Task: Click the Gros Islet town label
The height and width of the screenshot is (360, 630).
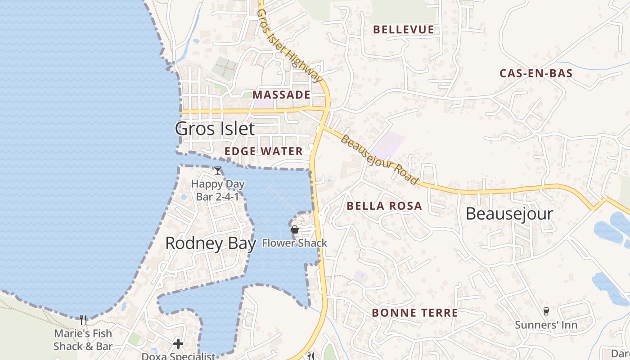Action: [x=215, y=129]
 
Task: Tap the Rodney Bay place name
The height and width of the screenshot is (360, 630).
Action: [x=210, y=243]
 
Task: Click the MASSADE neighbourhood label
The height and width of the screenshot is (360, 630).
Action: [x=282, y=95]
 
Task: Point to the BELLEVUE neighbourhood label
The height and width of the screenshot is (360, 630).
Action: [x=404, y=30]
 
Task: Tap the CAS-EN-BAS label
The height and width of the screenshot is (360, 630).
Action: [x=536, y=73]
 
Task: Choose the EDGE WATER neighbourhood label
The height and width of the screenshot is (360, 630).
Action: [x=264, y=151]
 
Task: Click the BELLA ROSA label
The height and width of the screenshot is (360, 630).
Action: [x=384, y=206]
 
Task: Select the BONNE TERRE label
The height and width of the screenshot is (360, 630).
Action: [x=415, y=313]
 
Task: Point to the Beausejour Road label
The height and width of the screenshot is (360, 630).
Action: [x=379, y=159]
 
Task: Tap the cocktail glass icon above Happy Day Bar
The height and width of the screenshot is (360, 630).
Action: [x=218, y=171]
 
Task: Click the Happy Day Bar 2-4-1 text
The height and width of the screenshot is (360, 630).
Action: [x=218, y=190]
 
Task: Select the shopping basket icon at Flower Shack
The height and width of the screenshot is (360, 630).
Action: [x=295, y=230]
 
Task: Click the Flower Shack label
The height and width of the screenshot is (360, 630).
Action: [x=295, y=243]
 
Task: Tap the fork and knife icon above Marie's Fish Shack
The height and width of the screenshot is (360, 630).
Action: [x=83, y=320]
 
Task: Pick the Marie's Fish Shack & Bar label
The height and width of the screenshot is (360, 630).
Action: [x=83, y=340]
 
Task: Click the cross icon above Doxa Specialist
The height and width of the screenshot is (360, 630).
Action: [x=178, y=344]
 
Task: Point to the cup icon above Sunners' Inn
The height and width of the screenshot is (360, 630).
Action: [x=546, y=311]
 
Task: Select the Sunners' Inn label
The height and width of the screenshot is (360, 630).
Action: [x=546, y=325]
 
